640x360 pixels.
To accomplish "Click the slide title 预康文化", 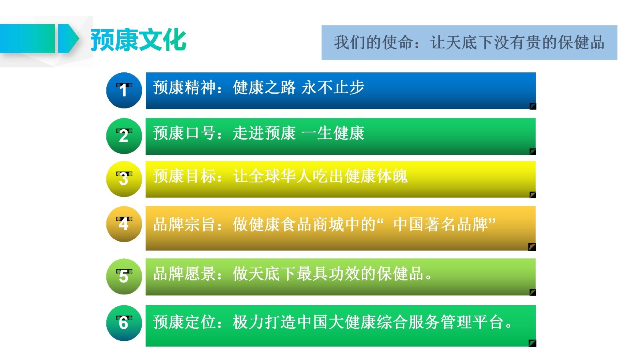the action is point(138,40).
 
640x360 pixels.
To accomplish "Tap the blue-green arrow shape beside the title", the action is point(68,38).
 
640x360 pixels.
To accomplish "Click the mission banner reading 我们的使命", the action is point(469,42).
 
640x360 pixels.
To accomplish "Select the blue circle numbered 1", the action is point(124,90).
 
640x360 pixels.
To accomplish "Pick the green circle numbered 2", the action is point(124,136).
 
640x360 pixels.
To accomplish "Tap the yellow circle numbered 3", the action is point(124,179).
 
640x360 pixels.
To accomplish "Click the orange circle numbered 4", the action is point(124,224).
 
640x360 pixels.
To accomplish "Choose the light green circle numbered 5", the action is point(124,276).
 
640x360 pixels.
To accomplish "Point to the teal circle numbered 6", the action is point(124,323).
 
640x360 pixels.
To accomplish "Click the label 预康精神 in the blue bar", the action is point(184,88).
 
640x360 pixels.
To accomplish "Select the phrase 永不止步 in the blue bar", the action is point(333,88).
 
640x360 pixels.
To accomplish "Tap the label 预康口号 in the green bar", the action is point(184,133).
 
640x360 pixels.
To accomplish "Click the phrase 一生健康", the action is point(333,133).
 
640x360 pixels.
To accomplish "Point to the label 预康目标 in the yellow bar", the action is point(184,176).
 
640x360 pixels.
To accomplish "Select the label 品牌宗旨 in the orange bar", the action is point(184,224).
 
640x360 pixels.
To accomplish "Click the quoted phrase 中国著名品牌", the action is point(441,224).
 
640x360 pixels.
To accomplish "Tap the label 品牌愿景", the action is point(184,274).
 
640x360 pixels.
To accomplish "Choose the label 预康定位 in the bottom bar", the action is point(184,322).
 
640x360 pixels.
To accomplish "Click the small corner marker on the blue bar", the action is point(533,106).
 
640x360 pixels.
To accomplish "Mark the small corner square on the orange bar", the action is point(532,247).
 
